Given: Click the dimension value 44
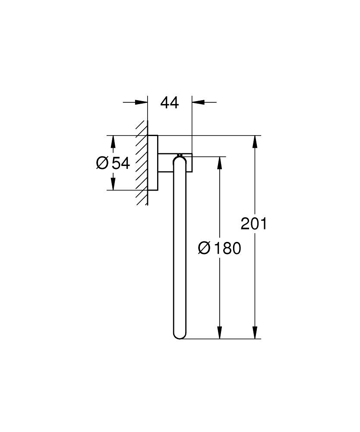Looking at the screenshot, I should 170,103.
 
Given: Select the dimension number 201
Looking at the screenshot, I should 254,224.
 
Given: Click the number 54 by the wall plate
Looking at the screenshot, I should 120,163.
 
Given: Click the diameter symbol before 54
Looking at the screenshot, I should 102,163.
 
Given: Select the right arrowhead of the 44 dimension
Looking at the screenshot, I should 198,102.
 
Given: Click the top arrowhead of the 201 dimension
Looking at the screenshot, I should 256,142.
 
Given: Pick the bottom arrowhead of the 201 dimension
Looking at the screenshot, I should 256,332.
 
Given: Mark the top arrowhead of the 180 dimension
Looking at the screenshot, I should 220,163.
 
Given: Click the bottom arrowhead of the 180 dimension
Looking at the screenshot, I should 220,332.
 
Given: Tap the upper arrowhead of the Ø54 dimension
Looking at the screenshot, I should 113,142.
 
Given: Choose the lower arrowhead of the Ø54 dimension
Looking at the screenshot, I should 113,184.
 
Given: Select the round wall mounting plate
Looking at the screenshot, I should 153,163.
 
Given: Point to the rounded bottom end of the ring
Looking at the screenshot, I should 179,334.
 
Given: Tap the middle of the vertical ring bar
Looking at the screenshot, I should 179,248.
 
